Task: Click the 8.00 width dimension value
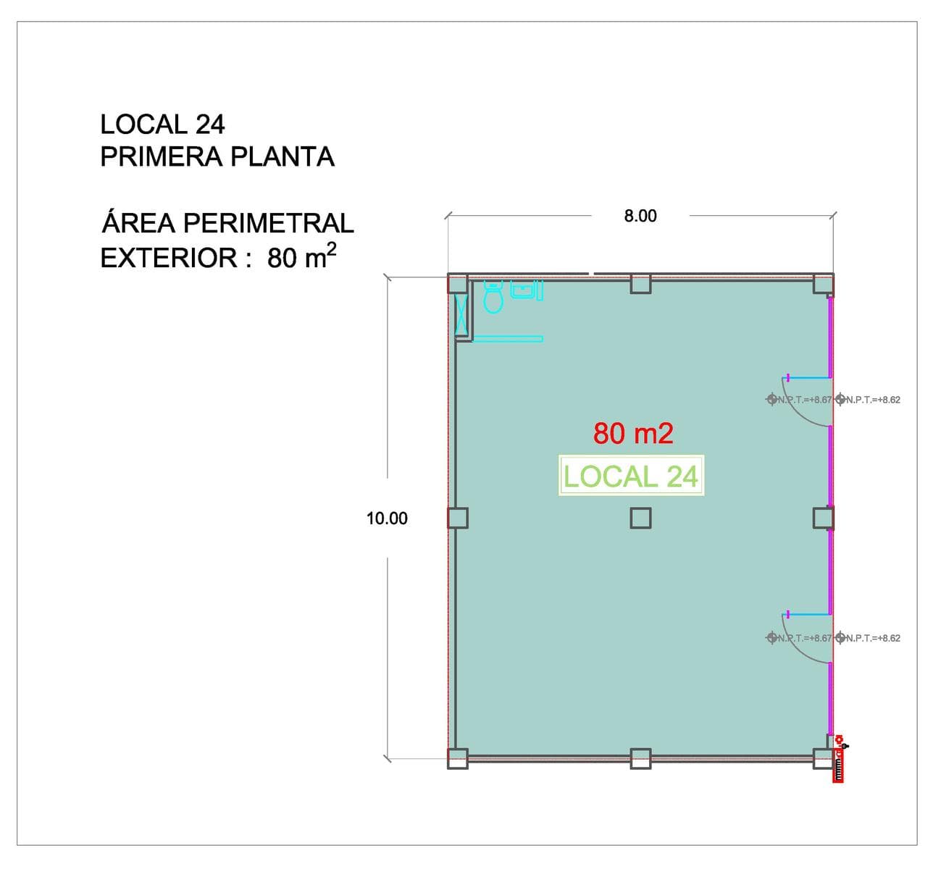pos(640,216)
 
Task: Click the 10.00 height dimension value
pos(387,519)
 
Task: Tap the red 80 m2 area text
pos(633,433)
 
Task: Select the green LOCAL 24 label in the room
pos(631,477)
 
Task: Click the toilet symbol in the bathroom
pos(493,298)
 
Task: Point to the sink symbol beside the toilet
pos(527,290)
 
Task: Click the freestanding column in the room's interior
pos(640,518)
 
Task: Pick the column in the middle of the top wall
pos(640,284)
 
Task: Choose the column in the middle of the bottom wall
pos(640,759)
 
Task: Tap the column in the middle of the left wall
pos(458,518)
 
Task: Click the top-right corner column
pos(823,284)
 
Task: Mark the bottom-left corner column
pos(458,759)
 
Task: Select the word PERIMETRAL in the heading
pos(269,223)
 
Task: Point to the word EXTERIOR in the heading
pos(169,258)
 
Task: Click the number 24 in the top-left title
pos(210,124)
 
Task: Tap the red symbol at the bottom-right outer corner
pos(839,760)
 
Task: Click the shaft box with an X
pos(461,314)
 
